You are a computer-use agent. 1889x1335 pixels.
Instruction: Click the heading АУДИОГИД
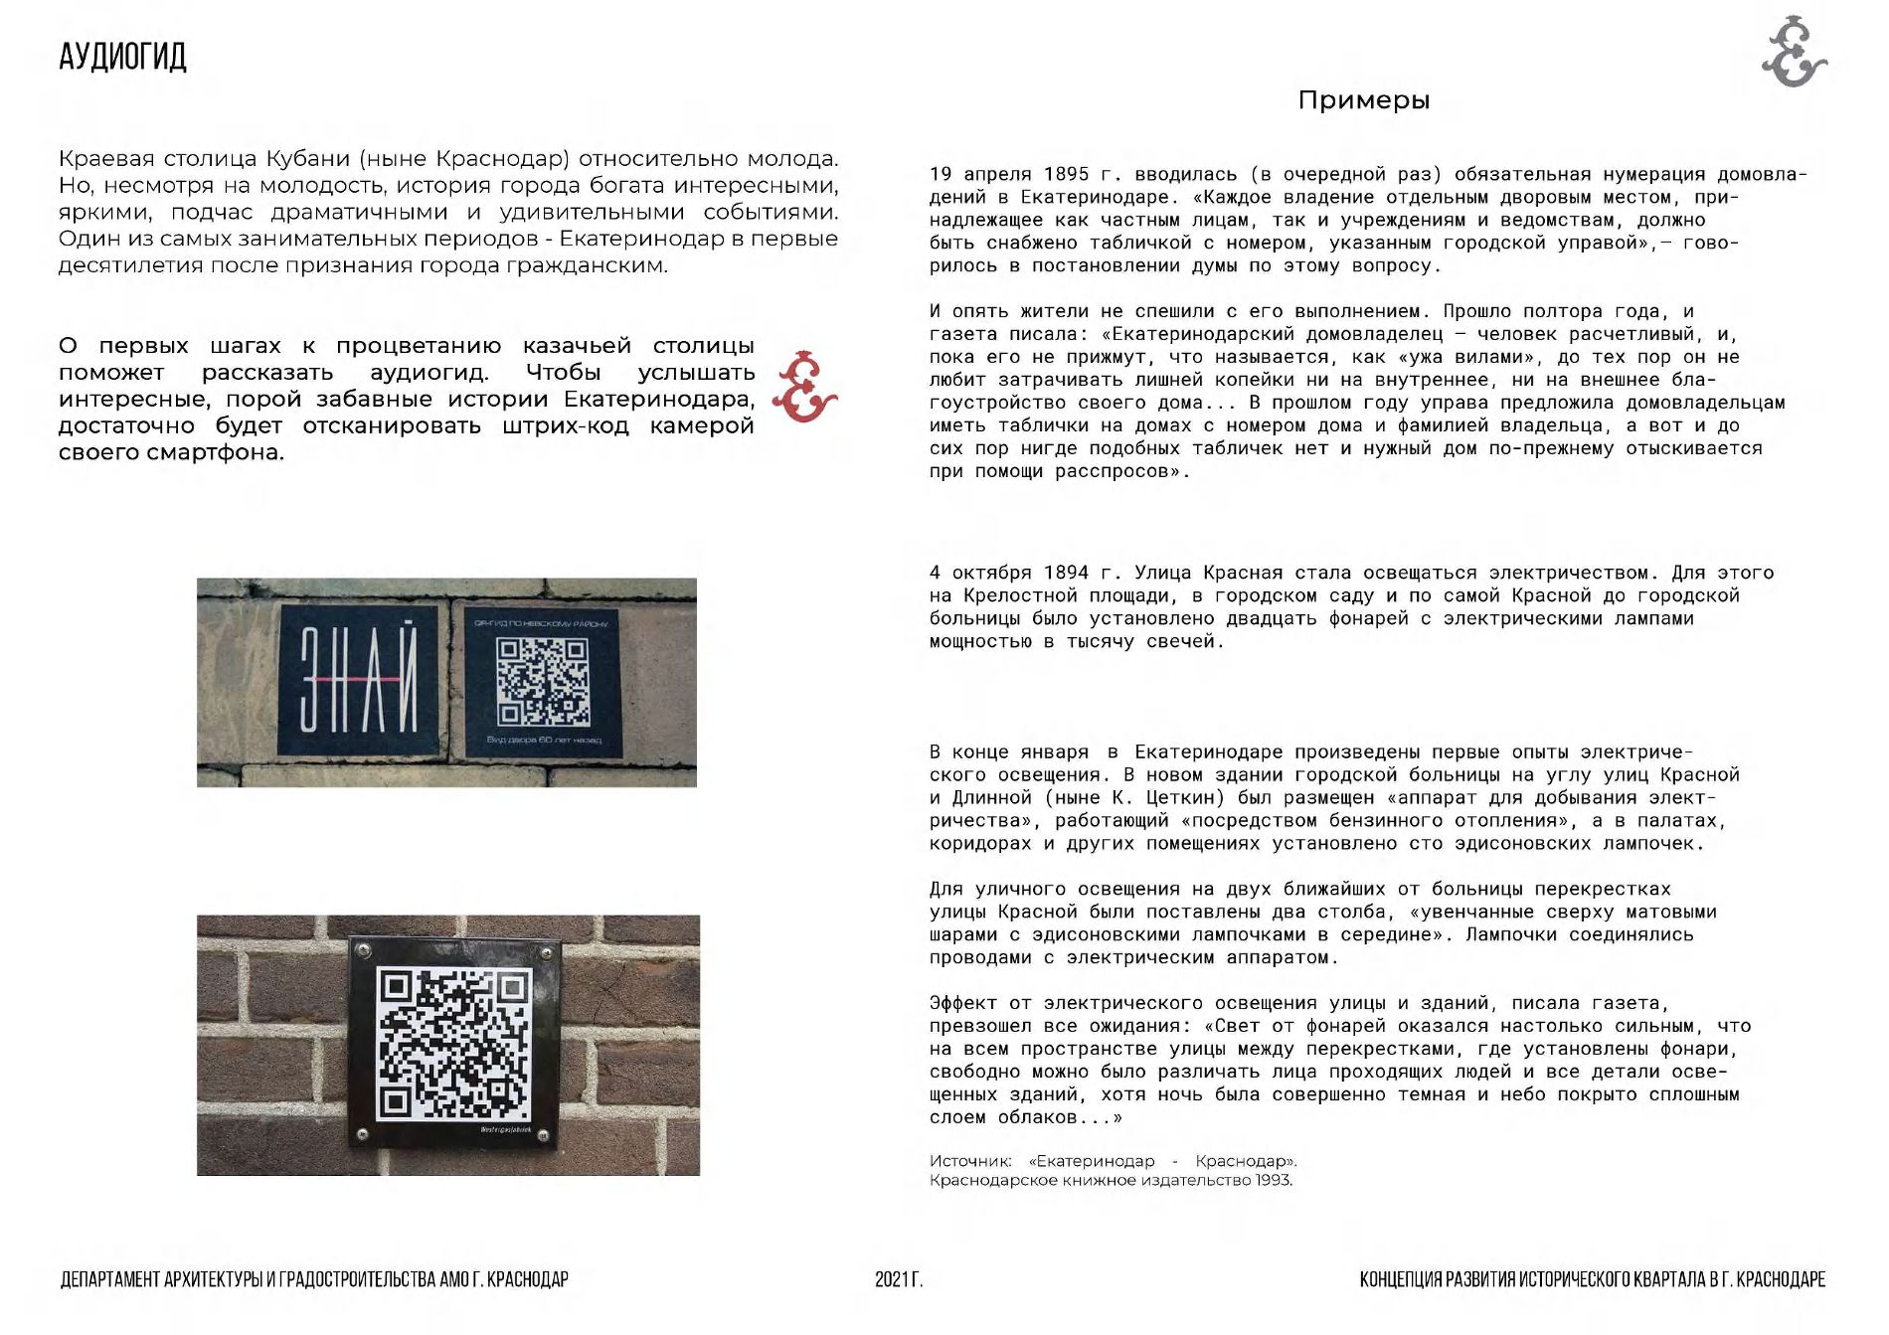[122, 57]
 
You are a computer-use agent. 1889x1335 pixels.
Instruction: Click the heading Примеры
[1363, 100]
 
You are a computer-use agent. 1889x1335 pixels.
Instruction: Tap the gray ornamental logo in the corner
[1794, 53]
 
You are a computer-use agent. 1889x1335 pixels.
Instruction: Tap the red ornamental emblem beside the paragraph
[804, 387]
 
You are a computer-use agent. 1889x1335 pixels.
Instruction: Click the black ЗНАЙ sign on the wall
[359, 680]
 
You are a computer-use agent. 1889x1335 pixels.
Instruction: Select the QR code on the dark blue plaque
[543, 681]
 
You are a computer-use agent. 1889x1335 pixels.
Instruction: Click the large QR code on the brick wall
[453, 1044]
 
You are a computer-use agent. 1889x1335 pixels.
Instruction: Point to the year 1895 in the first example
[1066, 175]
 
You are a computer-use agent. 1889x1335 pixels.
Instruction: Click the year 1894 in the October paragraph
[1066, 574]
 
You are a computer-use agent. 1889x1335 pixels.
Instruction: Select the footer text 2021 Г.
[899, 1279]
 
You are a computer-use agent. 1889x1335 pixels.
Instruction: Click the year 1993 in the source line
[1273, 1181]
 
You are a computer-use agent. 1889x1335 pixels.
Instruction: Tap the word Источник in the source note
[970, 1161]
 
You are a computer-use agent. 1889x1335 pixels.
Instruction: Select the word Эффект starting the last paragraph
[963, 1004]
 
